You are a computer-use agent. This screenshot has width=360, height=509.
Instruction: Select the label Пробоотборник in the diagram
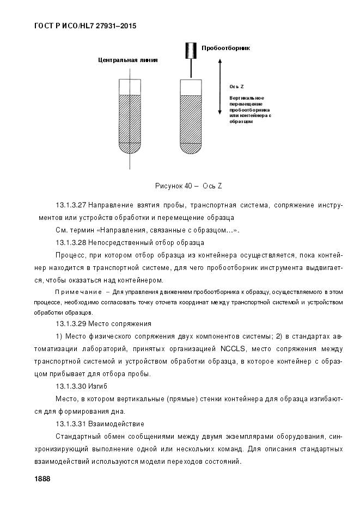tap(225, 48)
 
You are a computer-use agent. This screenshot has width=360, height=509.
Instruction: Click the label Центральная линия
tap(128, 60)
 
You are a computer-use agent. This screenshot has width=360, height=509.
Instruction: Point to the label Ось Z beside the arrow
tap(236, 87)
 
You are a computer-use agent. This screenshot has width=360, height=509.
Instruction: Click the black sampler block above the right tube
tap(190, 51)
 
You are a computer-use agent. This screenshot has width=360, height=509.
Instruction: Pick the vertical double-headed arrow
tap(219, 87)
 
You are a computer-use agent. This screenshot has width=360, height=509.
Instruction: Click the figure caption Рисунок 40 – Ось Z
tap(188, 186)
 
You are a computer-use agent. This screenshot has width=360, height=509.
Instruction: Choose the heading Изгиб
tap(99, 386)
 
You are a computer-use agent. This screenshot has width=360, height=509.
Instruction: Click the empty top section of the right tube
tap(191, 87)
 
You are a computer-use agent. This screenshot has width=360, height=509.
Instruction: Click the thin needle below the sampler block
tap(191, 69)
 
